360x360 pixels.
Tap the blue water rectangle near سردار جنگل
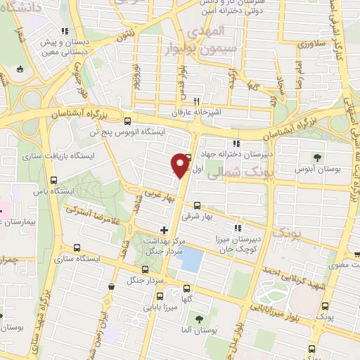[x=188, y=261]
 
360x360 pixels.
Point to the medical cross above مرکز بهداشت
[x=164, y=230]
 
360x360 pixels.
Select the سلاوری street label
[x=314, y=44]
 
